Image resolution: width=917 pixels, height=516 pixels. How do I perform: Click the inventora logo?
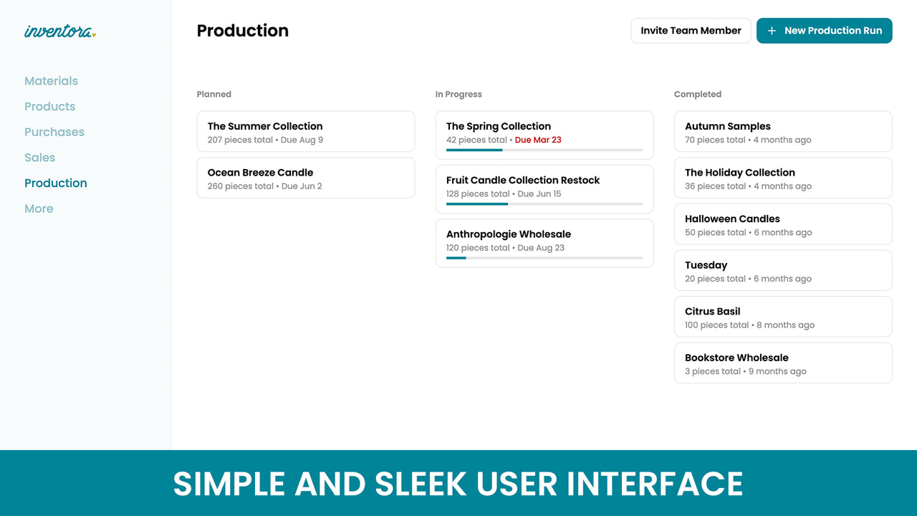pos(59,31)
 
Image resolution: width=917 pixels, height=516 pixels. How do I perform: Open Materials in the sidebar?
pos(51,81)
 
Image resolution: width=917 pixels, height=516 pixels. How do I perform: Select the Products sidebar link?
pos(49,107)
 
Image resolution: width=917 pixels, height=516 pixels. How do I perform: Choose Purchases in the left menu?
pos(54,132)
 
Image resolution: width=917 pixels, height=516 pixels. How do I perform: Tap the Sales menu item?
pos(39,158)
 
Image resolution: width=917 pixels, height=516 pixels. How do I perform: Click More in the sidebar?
pos(39,209)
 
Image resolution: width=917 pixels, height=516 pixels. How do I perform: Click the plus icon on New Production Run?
pos(772,31)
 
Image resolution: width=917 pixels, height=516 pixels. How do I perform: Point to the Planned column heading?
pos(213,94)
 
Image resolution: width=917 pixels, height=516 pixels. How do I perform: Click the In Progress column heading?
pos(458,94)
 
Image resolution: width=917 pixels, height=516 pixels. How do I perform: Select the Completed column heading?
pos(697,94)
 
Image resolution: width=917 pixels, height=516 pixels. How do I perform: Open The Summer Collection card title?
pos(265,126)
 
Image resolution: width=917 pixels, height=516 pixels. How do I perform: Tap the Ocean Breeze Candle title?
pos(260,173)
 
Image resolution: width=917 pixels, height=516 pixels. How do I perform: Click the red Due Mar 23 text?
pos(538,140)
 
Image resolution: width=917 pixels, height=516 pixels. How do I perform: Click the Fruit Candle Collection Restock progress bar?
pos(544,204)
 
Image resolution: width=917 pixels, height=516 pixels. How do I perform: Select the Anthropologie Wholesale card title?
pos(508,234)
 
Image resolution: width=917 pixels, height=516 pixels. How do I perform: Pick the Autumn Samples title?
pos(727,126)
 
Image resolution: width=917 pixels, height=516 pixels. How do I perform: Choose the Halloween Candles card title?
pos(732,219)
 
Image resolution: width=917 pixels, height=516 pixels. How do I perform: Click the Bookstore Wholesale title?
pos(736,358)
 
